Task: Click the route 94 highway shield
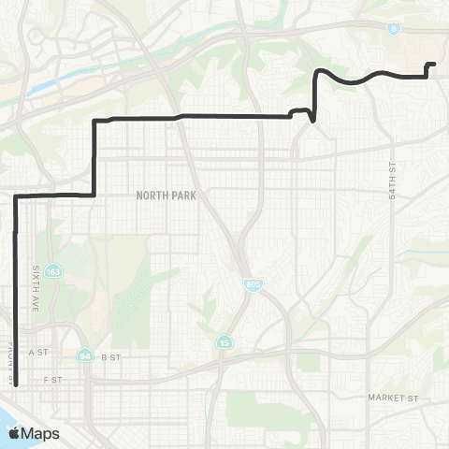pos(85,355)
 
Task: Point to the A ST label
pos(38,352)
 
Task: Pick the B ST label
pos(111,356)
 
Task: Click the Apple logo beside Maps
pos(14,432)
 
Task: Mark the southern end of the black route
pos(16,384)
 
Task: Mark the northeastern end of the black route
pos(434,64)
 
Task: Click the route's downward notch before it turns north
pos(311,120)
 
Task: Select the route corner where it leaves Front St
pos(16,196)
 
